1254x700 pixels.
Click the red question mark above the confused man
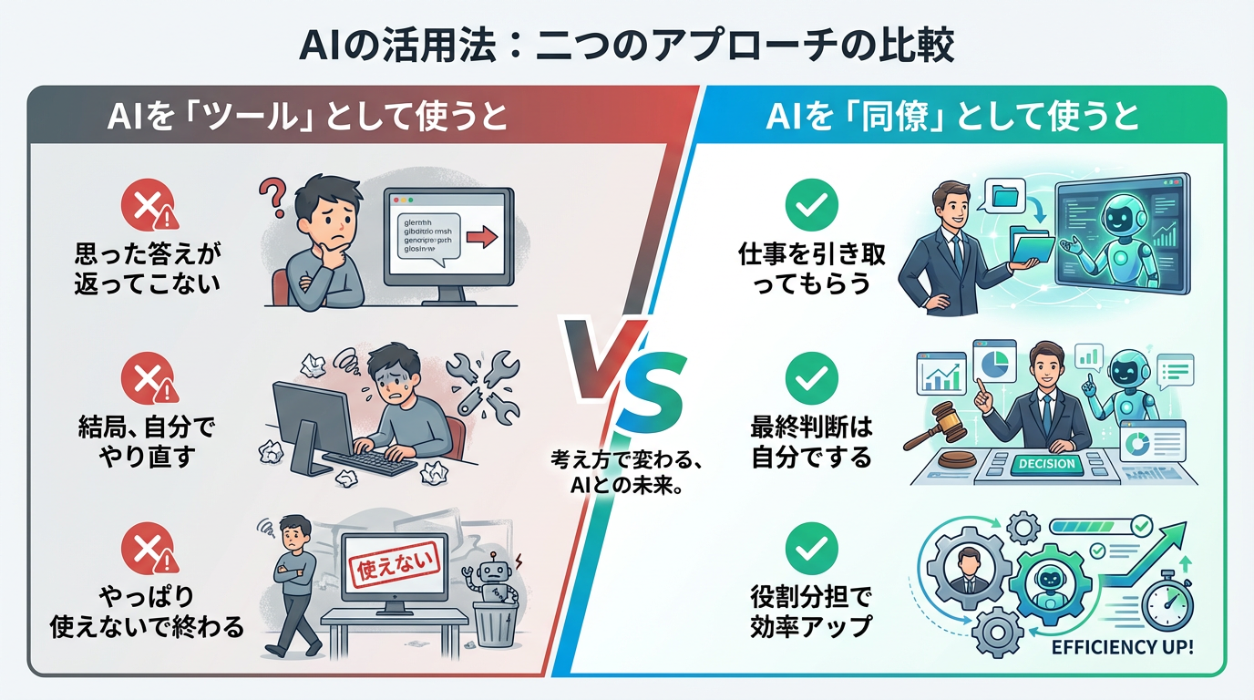(272, 194)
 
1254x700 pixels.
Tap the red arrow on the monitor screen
(480, 238)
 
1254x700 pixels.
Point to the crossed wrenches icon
(482, 383)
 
